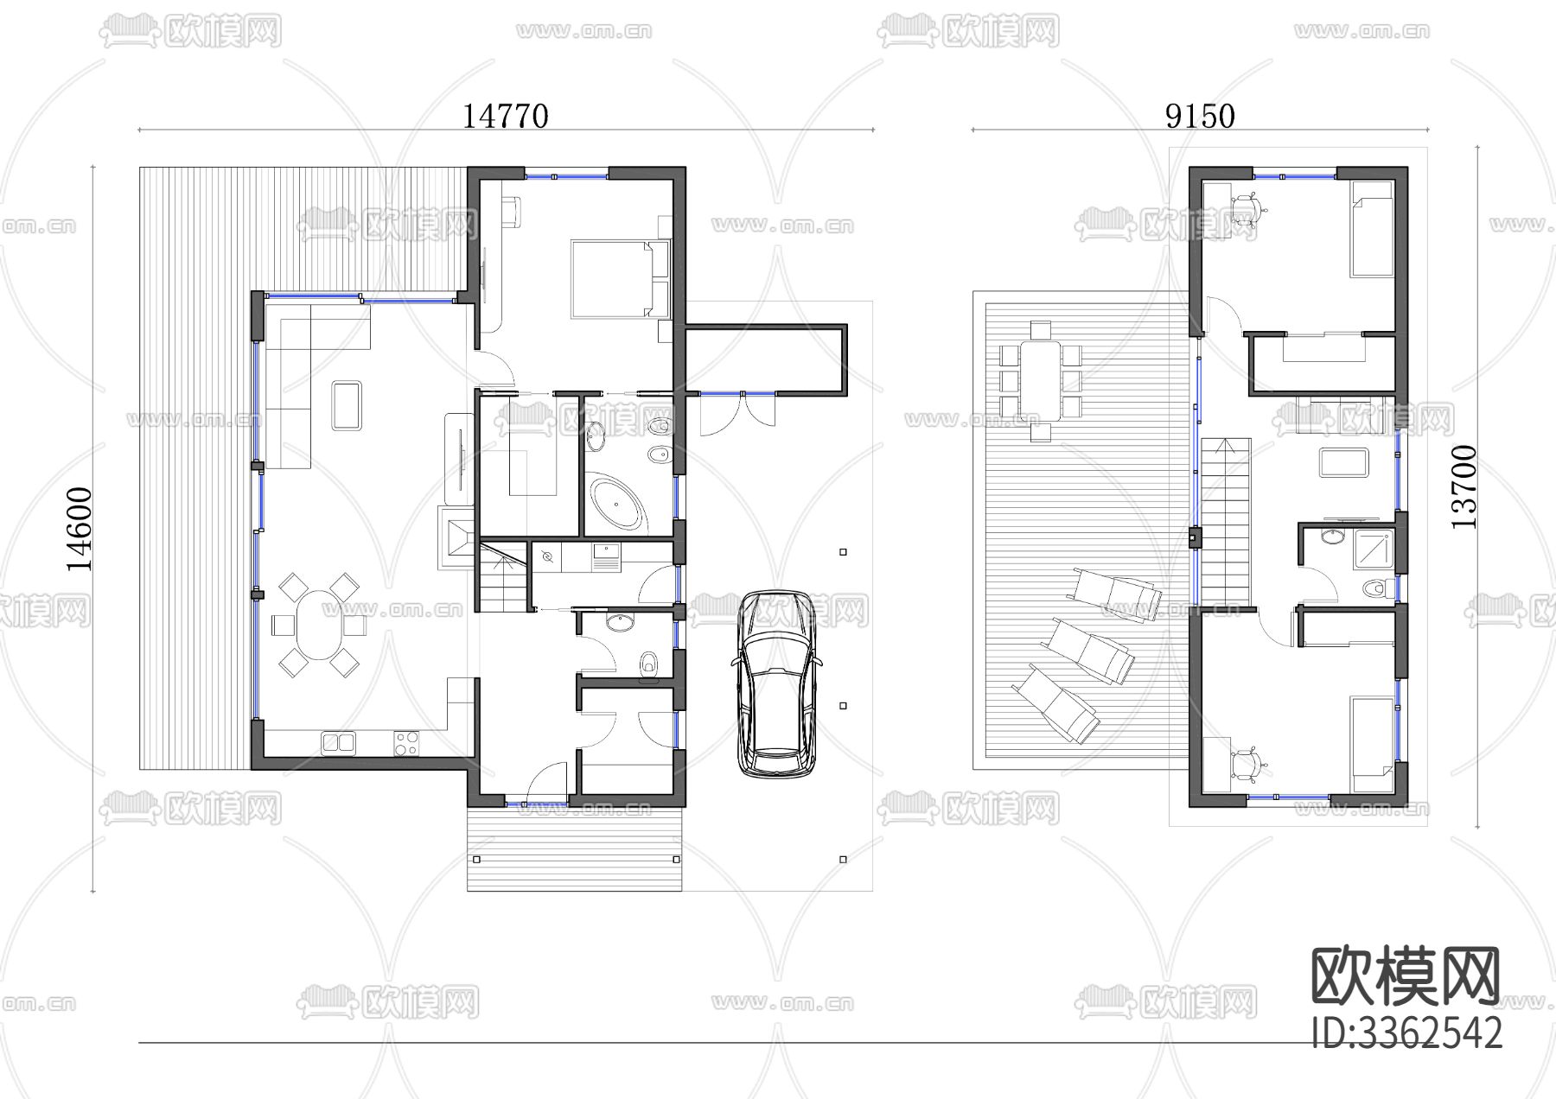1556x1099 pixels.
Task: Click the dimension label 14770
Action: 506,116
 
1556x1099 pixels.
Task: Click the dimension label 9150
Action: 1200,116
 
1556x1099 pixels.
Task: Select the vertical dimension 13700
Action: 1464,487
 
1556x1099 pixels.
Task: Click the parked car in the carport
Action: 776,683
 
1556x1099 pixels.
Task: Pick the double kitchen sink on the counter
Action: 338,741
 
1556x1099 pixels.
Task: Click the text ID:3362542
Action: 1406,1032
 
